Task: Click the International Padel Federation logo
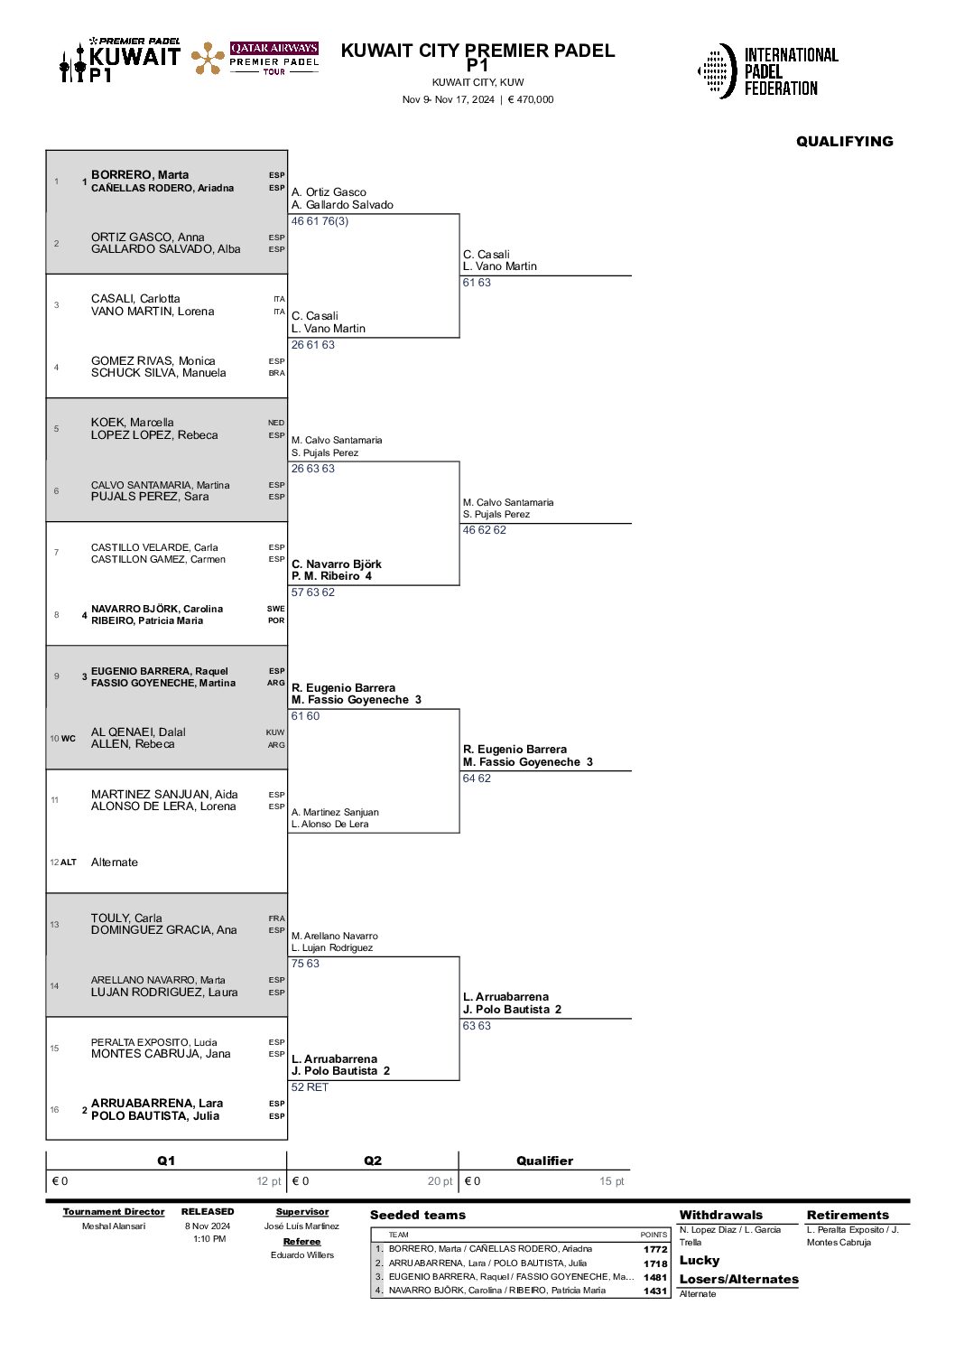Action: pyautogui.click(x=767, y=71)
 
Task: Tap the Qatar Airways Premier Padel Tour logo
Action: pyautogui.click(x=255, y=58)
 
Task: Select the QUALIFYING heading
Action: pyautogui.click(x=845, y=141)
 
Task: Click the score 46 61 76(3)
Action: pyautogui.click(x=320, y=221)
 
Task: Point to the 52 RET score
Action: pyautogui.click(x=310, y=1087)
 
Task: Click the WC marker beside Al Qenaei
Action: pyautogui.click(x=69, y=738)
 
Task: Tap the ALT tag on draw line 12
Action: pyautogui.click(x=69, y=862)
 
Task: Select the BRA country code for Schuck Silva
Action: pyautogui.click(x=276, y=373)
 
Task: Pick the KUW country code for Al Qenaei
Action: pyautogui.click(x=275, y=732)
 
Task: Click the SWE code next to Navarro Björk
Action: pyautogui.click(x=275, y=609)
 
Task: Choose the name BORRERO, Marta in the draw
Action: pyautogui.click(x=140, y=175)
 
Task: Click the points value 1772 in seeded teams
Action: pyautogui.click(x=655, y=1249)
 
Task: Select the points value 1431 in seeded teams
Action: pyautogui.click(x=655, y=1291)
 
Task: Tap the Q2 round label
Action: pyautogui.click(x=373, y=1161)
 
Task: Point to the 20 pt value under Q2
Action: pyautogui.click(x=440, y=1181)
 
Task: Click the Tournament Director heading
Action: pyautogui.click(x=114, y=1212)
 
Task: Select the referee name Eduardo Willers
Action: pyautogui.click(x=302, y=1254)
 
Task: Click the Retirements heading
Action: pyautogui.click(x=848, y=1215)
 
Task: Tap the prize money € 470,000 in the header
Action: pyautogui.click(x=531, y=99)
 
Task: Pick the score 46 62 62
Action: pyautogui.click(x=485, y=530)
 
